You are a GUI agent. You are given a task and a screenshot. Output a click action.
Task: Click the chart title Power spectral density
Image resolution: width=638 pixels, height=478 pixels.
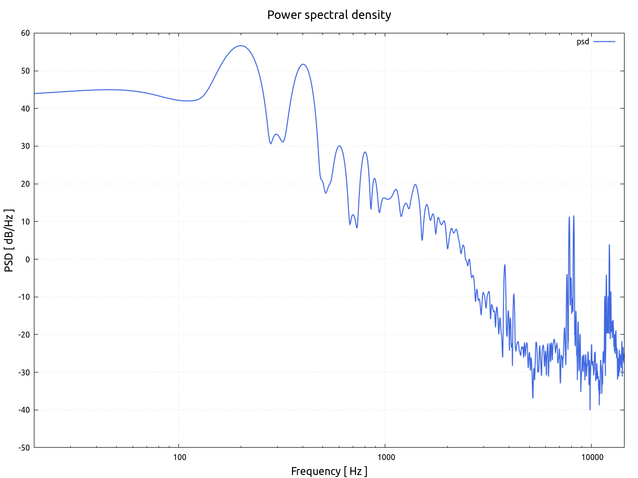point(329,15)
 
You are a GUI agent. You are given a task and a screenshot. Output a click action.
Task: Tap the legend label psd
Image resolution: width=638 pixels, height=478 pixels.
point(583,42)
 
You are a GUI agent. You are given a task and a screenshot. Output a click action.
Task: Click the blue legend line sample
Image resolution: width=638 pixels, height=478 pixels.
point(604,42)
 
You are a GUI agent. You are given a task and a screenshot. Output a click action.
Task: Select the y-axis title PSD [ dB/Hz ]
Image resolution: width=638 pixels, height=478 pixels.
point(9,240)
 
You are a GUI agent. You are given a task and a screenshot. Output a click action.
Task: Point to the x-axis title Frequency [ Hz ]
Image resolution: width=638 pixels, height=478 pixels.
point(329,471)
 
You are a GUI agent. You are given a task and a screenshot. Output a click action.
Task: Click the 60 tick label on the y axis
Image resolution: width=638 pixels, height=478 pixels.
point(25,33)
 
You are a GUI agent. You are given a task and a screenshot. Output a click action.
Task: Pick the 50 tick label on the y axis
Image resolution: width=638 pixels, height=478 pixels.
point(25,71)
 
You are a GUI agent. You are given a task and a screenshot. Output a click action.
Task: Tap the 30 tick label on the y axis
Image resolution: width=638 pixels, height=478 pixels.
point(25,146)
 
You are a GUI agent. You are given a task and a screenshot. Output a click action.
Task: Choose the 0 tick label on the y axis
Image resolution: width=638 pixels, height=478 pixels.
point(27,259)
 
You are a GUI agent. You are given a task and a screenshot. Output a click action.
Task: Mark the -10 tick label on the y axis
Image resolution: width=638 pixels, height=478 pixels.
point(24,297)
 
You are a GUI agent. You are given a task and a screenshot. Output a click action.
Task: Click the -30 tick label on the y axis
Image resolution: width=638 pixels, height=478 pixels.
point(24,372)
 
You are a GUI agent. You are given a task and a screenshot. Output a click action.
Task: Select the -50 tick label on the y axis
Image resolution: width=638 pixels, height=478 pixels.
point(24,448)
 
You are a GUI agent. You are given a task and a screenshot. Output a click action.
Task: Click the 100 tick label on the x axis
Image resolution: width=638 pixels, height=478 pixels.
point(179,458)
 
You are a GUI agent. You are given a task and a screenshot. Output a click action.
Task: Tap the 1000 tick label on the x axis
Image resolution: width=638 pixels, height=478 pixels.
point(385,458)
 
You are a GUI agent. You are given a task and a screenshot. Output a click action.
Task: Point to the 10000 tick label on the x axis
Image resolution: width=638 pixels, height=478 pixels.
point(591,458)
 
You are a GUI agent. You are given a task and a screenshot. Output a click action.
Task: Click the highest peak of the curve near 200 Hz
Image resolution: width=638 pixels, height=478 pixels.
point(241,46)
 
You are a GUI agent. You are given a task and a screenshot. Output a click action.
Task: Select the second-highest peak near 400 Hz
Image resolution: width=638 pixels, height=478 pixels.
point(303,64)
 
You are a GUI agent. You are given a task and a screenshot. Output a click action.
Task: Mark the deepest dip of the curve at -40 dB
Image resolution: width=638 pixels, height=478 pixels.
point(590,409)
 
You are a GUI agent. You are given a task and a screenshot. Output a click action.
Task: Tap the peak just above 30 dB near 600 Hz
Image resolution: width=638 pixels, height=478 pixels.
point(339,146)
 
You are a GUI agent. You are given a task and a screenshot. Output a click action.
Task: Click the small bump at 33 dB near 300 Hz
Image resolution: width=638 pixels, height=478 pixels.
point(276,134)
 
